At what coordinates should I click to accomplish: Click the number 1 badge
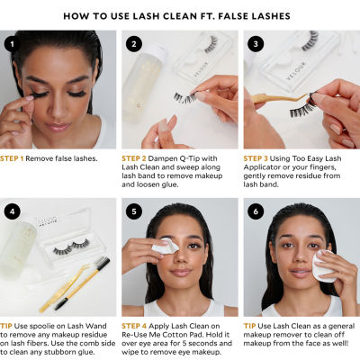pyautogui.click(x=12, y=42)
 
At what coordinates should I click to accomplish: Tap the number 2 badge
pyautogui.click(x=133, y=42)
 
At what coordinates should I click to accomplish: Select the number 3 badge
pyautogui.click(x=255, y=42)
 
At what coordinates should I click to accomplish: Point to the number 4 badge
pyautogui.click(x=12, y=211)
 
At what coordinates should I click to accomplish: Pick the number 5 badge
pyautogui.click(x=133, y=211)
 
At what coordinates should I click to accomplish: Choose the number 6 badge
pyautogui.click(x=255, y=211)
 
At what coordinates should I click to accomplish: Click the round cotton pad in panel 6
pyautogui.click(x=324, y=265)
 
